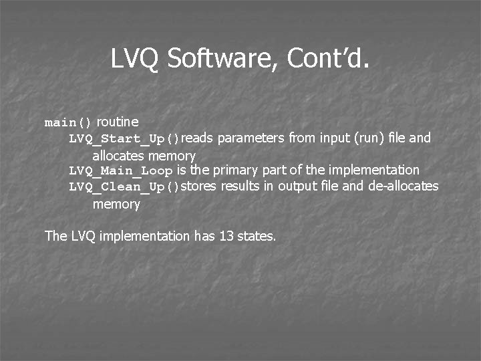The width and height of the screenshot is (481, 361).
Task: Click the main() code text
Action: (68, 123)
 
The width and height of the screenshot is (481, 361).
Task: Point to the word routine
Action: (118, 122)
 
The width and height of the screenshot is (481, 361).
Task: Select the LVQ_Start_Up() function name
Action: (124, 139)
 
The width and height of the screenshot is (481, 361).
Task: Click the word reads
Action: (198, 138)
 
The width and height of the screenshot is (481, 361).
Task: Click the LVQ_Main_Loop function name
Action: (121, 171)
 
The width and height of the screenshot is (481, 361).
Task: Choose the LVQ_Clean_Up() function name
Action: (124, 187)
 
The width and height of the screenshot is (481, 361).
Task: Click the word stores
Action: (199, 186)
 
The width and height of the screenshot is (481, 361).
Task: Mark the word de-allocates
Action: (403, 186)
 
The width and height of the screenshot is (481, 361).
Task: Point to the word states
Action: (257, 235)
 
